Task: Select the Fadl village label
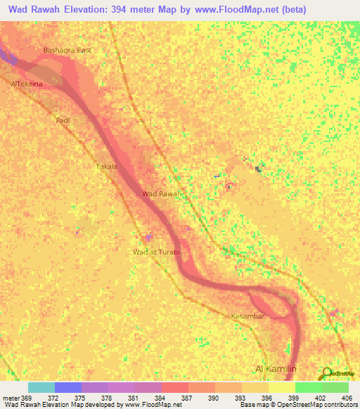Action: click(63, 121)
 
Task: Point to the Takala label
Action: click(105, 167)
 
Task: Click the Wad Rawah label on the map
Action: click(162, 193)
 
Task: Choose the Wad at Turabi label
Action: click(157, 252)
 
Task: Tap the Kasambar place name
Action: click(247, 316)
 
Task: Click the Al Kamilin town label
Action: click(278, 369)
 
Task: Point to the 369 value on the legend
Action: click(27, 398)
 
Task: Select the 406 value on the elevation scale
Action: click(346, 398)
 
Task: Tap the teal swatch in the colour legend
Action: click(41, 387)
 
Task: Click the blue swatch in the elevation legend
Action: click(67, 387)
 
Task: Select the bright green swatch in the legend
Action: click(308, 387)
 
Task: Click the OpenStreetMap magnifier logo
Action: click(326, 372)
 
